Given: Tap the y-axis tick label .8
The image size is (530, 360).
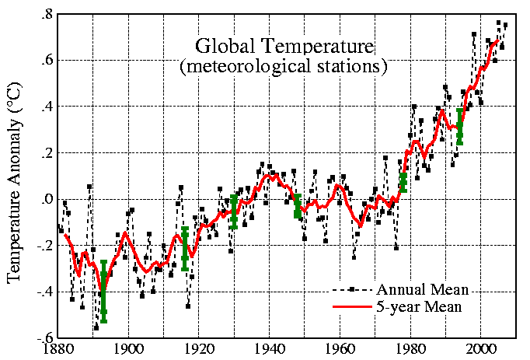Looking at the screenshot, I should (x=47, y=15).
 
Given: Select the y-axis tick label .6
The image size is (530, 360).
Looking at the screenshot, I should (x=47, y=61).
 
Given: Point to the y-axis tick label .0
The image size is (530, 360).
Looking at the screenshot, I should (x=47, y=200).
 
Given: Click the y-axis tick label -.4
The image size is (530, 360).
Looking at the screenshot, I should (x=44, y=292).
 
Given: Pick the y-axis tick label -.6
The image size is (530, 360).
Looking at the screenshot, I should (x=44, y=338).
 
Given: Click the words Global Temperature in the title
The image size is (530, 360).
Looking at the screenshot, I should (x=284, y=45).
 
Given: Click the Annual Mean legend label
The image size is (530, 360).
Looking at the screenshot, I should (x=423, y=289).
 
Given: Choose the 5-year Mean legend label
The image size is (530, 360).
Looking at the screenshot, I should (x=420, y=306).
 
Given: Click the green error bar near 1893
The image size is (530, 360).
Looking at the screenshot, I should (x=103, y=291).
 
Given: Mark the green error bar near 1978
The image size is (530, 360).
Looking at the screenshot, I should (x=403, y=181).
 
